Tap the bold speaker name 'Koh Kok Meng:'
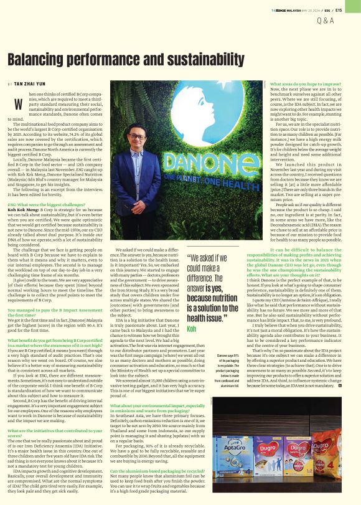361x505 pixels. coord(24,210)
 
